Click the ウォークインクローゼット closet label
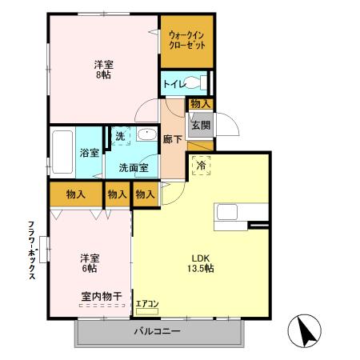point(187,40)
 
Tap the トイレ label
point(174,83)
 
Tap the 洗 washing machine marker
point(118,137)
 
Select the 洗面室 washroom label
point(133,167)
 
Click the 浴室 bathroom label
point(88,153)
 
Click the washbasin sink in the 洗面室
point(146,135)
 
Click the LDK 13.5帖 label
point(200,262)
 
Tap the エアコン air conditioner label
point(147,303)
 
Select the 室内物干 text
point(101,296)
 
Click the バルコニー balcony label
point(157,331)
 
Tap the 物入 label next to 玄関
point(200,103)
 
